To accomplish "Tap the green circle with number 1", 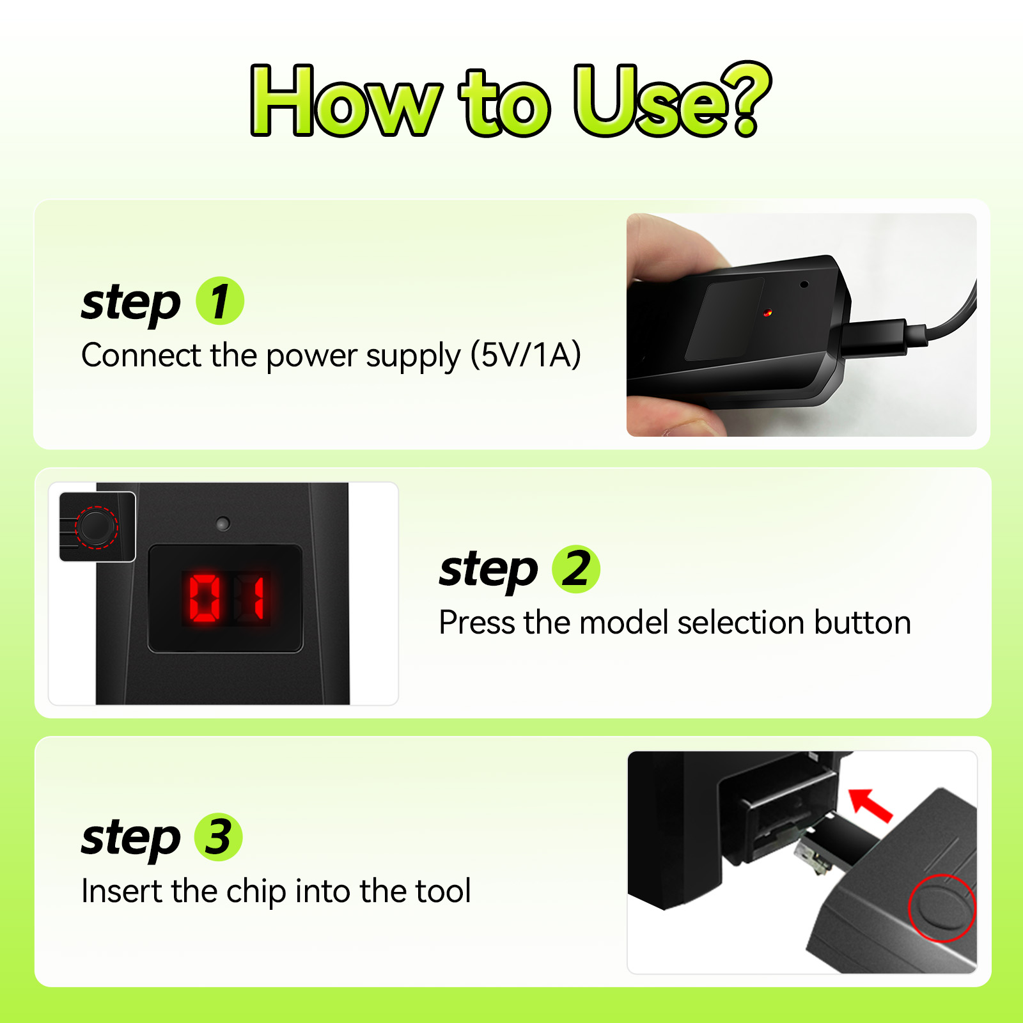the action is pos(220,301).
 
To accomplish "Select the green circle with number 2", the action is pos(576,568).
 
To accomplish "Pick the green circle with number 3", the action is pos(219,837).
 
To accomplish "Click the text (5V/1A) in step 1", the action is pos(526,355).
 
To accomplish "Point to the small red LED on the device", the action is pos(767,313).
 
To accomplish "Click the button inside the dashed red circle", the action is pos(97,527).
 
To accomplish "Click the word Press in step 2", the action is pos(477,622).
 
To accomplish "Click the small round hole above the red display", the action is pos(223,524).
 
